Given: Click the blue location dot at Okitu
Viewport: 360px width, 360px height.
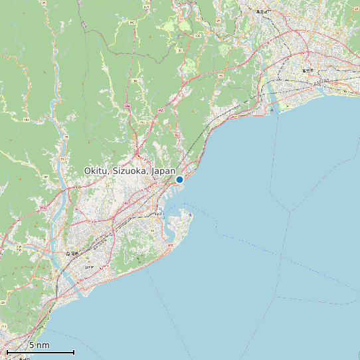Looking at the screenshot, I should click(x=179, y=179).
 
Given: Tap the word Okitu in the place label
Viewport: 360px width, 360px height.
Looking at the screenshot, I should click(x=96, y=171).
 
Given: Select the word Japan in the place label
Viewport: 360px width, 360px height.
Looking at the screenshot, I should click(x=163, y=171).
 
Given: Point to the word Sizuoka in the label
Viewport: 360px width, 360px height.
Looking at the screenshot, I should click(x=130, y=171).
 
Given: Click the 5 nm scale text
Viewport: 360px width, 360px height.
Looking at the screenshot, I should click(x=39, y=345).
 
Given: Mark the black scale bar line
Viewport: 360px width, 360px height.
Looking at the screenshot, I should click(x=40, y=352).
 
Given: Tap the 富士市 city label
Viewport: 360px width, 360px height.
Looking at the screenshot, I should click(x=307, y=68).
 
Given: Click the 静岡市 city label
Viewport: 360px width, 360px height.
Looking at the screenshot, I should click(x=72, y=254).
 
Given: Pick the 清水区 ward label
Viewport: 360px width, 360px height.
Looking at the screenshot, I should click(x=158, y=215).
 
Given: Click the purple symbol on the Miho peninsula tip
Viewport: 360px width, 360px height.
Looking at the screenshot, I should click(x=191, y=214).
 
